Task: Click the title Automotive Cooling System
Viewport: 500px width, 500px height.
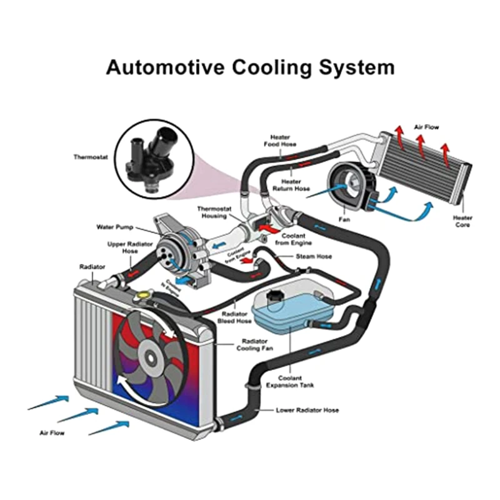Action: (250, 67)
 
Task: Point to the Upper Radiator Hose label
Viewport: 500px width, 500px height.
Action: (122, 247)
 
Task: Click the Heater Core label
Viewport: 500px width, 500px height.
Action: (462, 221)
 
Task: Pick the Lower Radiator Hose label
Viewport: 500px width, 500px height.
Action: (307, 411)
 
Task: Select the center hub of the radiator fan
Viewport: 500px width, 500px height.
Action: (150, 358)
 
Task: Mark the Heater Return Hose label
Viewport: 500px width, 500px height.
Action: (291, 185)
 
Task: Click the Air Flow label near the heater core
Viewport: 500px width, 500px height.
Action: (427, 127)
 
